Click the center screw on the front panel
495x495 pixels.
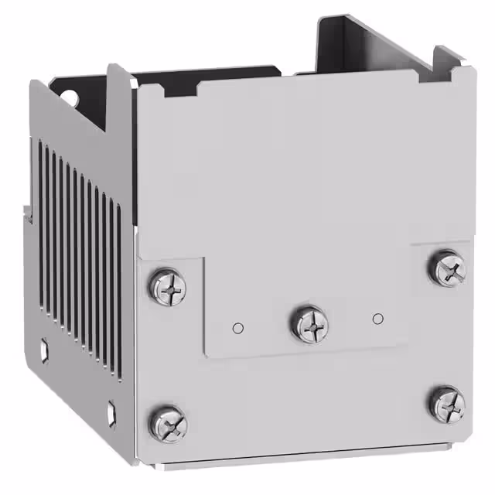(309, 323)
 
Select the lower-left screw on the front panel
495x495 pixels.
(167, 423)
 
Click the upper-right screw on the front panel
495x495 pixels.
(447, 268)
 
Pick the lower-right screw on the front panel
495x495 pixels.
(447, 403)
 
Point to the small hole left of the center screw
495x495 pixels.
(238, 327)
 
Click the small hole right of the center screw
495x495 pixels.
(377, 318)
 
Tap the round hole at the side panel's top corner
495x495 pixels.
(69, 98)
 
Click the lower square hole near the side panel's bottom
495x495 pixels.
(112, 409)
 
